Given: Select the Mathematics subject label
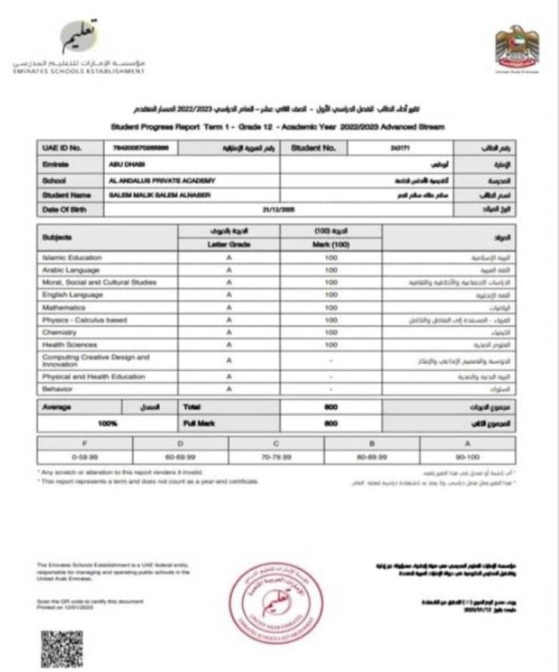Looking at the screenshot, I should (64, 307).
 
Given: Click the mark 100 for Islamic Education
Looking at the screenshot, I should (332, 258).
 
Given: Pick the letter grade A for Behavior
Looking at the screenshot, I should (229, 390).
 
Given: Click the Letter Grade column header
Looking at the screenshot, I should (229, 244).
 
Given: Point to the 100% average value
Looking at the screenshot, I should (107, 424).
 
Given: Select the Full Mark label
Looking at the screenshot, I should (200, 424).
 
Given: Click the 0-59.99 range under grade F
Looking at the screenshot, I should (85, 457).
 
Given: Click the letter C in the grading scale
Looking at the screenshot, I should (276, 442).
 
